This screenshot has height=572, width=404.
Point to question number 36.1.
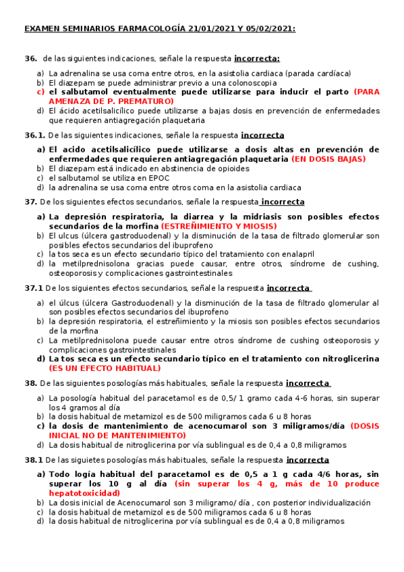tap(35, 135)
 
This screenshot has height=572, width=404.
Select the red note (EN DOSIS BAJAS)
tap(328, 159)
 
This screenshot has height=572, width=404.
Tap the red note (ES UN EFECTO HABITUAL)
tap(105, 368)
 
